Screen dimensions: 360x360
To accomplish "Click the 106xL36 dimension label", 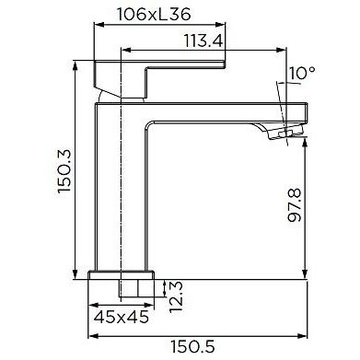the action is pos(154,14).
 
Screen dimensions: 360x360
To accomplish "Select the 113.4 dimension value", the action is pos(203,41).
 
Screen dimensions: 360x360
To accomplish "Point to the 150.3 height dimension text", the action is pos(64,170).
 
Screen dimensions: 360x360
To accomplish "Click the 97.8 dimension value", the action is pos(295,205).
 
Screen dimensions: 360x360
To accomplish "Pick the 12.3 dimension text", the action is pos(176,296).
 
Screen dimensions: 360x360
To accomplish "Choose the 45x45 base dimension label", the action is pos(121,317).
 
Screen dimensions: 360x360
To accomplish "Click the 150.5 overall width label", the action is pos(192,347).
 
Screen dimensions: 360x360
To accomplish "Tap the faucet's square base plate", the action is pos(121,275).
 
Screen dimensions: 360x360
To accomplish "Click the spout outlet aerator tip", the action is pos(286,133).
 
